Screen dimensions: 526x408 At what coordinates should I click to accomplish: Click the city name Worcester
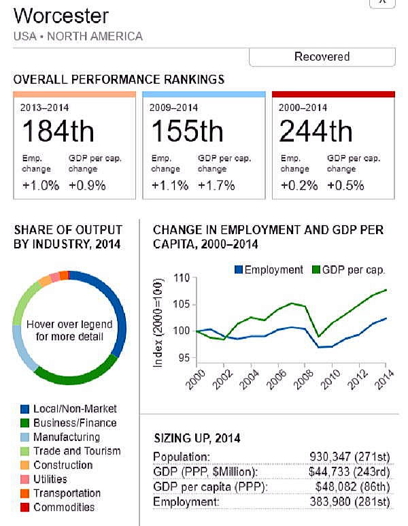coord(61,15)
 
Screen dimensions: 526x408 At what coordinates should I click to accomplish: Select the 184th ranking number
coord(58,131)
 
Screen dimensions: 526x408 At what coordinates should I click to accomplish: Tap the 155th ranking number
coord(186,131)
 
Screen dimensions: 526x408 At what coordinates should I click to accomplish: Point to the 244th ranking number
coord(316,131)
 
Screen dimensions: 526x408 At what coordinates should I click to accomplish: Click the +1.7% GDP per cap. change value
coord(216,185)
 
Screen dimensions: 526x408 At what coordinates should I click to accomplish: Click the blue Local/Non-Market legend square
coord(25,409)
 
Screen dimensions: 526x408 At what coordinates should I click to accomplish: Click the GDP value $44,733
coord(331,472)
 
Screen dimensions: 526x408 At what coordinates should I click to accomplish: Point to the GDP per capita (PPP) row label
coord(209,487)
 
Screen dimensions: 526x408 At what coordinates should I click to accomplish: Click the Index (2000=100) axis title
coord(158,323)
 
